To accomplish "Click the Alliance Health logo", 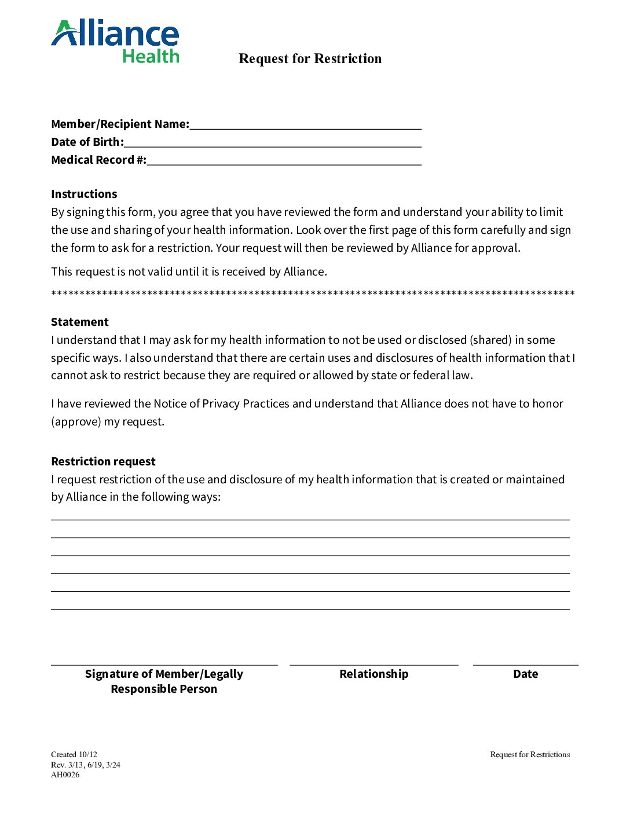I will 115,42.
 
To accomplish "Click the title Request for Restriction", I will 310,58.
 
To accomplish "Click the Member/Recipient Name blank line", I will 305,127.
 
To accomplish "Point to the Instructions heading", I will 84,194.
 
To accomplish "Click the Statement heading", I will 80,322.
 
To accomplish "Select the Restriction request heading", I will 103,461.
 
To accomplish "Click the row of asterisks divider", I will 313,294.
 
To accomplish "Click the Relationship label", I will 373,674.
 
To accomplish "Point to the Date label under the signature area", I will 525,674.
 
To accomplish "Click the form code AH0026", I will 65,775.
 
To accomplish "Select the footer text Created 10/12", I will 74,755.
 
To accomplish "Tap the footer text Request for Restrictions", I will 530,755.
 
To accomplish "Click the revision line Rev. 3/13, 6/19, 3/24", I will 86,765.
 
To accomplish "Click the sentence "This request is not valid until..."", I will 189,271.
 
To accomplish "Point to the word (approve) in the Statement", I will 76,421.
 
